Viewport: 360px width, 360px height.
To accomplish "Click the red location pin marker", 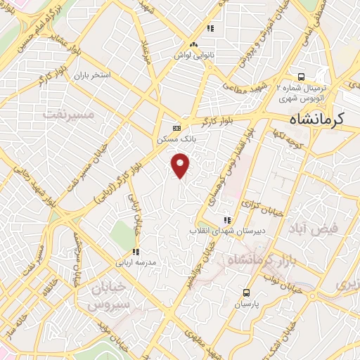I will [181, 166].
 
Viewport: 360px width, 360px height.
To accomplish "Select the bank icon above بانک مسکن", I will [176, 128].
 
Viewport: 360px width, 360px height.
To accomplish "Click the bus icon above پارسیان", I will [246, 292].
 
